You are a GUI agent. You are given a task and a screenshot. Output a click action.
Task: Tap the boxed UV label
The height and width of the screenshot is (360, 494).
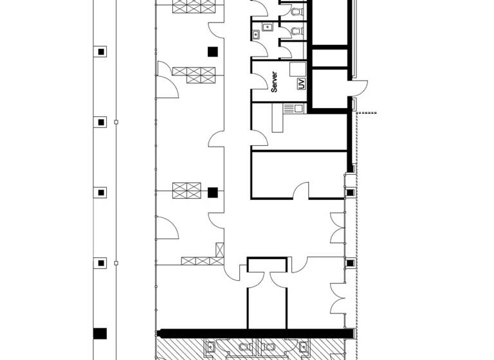tap(300, 84)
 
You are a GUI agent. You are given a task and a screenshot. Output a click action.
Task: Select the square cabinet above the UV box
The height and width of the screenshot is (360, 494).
tap(298, 69)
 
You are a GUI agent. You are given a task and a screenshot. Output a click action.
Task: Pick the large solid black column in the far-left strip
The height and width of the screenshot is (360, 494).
tap(100, 333)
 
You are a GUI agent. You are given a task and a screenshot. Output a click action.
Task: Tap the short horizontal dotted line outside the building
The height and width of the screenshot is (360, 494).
tap(367, 113)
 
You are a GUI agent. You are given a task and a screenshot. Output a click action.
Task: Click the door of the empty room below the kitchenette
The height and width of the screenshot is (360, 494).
tap(300, 191)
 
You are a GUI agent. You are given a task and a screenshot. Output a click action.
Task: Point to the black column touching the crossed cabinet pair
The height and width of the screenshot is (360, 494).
tap(213, 192)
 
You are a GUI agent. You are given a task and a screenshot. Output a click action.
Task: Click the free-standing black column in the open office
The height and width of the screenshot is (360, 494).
tap(212, 51)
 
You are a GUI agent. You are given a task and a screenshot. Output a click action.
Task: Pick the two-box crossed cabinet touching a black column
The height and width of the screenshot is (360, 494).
tap(187, 191)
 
